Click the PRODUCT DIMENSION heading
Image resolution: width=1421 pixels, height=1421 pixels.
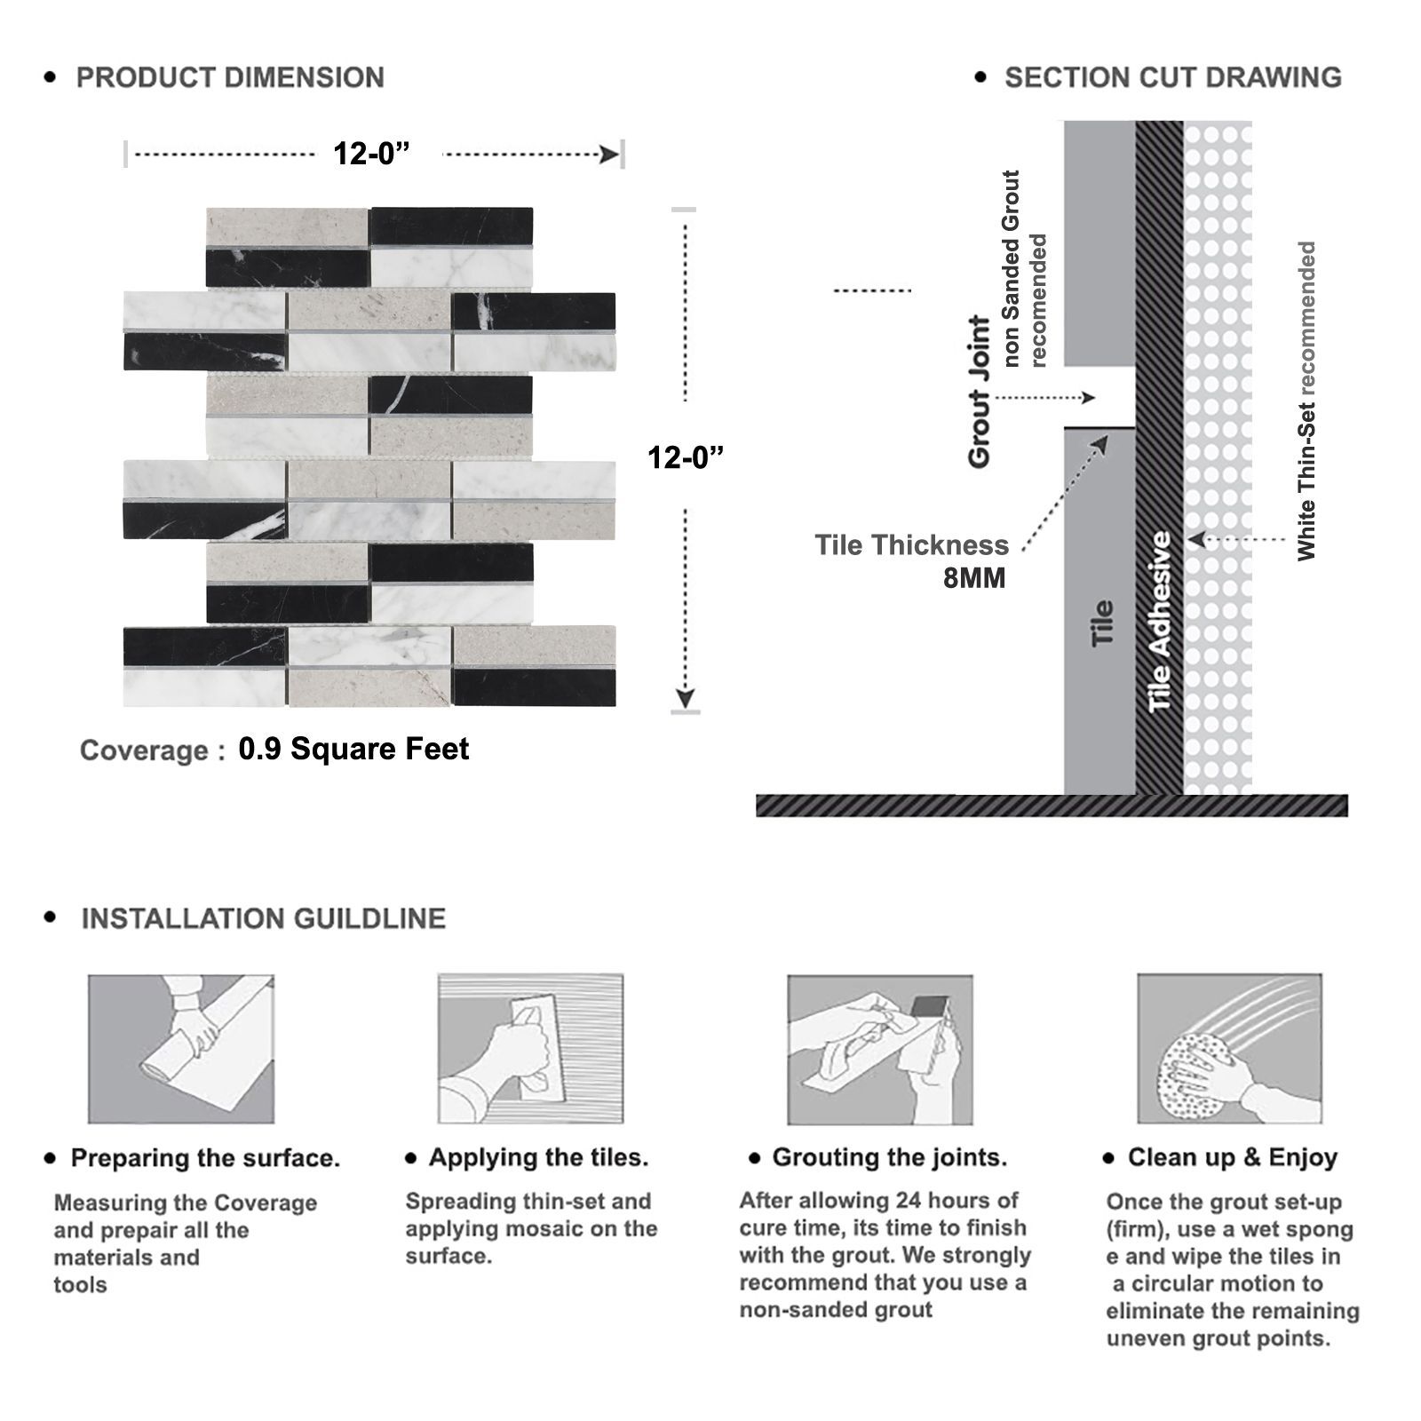tap(230, 78)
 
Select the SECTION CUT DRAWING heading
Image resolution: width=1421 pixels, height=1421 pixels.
tap(1173, 78)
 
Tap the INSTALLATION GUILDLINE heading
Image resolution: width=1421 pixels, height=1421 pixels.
tap(264, 918)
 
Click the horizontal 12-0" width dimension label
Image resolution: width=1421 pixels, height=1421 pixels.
tap(372, 154)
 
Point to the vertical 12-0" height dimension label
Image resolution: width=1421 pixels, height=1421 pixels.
tap(686, 457)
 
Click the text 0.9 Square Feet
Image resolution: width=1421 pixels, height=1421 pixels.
tap(353, 749)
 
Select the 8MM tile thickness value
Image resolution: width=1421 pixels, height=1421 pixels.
tap(974, 578)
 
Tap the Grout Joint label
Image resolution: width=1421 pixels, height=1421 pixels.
tap(979, 392)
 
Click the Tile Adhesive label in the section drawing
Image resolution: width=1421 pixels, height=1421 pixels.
tap(1160, 622)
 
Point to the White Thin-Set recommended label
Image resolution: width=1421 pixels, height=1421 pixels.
tap(1306, 401)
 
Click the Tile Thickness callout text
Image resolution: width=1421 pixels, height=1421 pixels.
tap(912, 544)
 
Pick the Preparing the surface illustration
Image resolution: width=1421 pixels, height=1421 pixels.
tap(181, 1049)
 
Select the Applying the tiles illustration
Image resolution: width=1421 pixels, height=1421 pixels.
tap(531, 1049)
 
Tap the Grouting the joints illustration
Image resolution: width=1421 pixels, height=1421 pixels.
tap(880, 1050)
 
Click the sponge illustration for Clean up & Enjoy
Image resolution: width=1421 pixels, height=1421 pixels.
tap(1230, 1049)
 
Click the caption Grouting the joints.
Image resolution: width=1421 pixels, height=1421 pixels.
tap(890, 1157)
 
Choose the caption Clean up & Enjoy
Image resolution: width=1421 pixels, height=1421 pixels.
tap(1233, 1157)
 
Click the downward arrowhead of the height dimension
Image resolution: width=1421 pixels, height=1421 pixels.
tap(686, 698)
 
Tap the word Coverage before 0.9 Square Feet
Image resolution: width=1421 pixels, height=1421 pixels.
tap(146, 750)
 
